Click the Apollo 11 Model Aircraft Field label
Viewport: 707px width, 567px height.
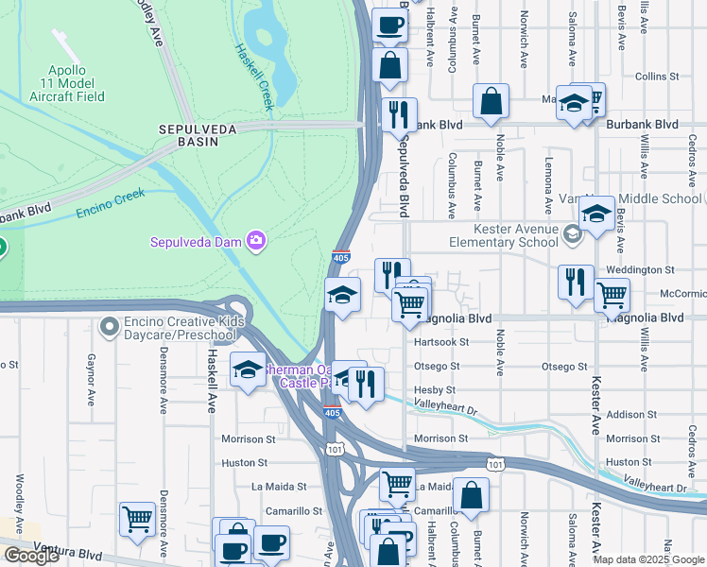coord(79,83)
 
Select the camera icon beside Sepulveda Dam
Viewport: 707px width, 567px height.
coord(256,241)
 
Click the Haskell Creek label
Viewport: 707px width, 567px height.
coord(253,77)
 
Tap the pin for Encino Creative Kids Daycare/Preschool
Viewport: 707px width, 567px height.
coord(111,327)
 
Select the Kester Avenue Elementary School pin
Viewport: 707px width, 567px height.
coord(572,232)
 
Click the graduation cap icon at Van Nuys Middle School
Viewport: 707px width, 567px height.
coord(595,215)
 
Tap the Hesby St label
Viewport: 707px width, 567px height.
coord(435,390)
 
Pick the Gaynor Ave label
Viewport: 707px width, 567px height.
coord(92,377)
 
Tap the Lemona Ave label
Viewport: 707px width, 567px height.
coord(548,186)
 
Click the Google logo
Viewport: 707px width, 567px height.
coord(31,556)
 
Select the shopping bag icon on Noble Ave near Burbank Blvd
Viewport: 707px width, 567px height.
coord(491,102)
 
